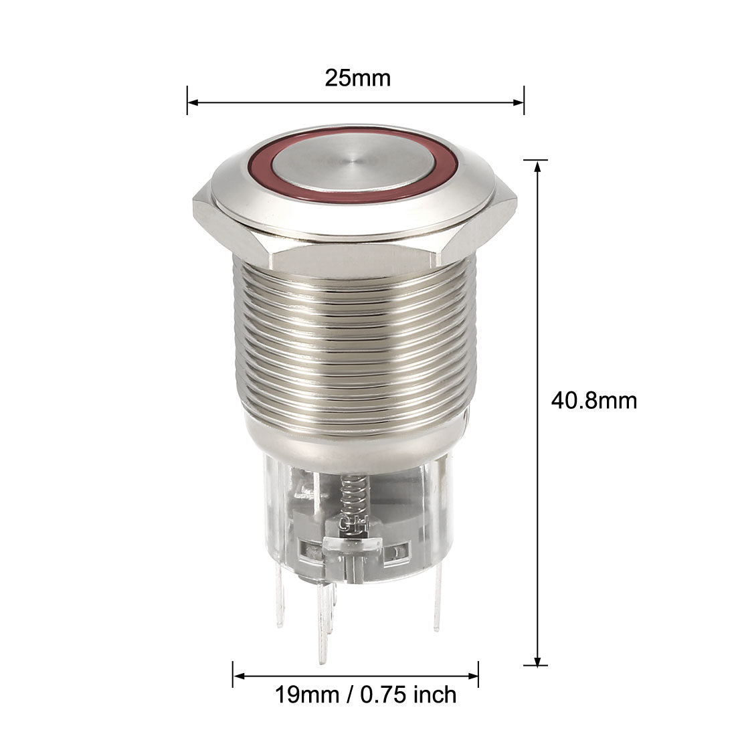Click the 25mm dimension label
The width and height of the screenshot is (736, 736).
click(358, 78)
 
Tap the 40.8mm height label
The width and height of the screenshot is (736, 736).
click(593, 401)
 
